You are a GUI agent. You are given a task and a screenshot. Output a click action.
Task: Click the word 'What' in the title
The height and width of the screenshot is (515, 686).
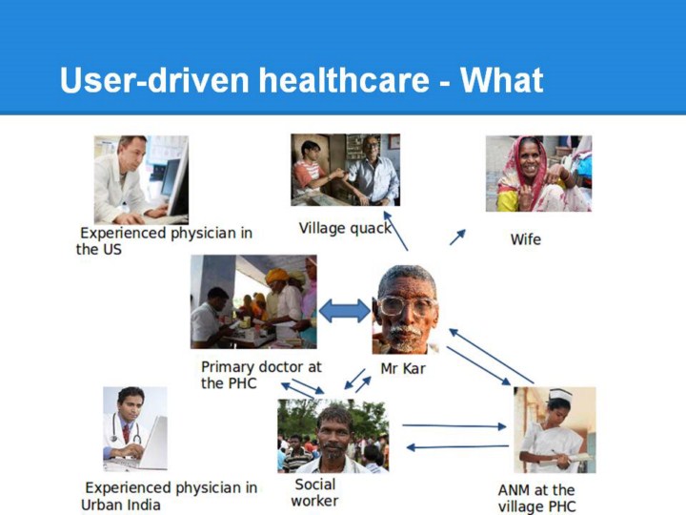click(x=501, y=80)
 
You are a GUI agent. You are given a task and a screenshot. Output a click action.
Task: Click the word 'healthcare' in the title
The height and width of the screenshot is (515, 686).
click(x=343, y=80)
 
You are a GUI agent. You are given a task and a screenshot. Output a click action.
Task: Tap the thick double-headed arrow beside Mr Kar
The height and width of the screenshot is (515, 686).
click(x=345, y=311)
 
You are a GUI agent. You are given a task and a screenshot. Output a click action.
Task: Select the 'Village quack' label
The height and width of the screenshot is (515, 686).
click(x=345, y=228)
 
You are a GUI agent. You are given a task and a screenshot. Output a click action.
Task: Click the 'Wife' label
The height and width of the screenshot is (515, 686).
click(x=525, y=239)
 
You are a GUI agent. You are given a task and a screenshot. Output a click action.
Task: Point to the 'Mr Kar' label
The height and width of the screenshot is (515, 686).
click(x=403, y=368)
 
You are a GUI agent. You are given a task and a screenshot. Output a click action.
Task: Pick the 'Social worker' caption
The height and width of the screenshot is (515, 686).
click(x=315, y=493)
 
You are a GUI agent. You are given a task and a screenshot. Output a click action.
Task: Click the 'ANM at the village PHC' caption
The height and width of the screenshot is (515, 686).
click(x=536, y=498)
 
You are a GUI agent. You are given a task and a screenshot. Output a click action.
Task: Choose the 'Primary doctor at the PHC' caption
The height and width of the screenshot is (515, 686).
click(x=261, y=375)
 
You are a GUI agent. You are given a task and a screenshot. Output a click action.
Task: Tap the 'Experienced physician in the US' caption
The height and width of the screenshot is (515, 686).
click(x=164, y=241)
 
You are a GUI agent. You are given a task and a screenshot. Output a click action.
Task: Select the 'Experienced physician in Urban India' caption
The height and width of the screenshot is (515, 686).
click(x=169, y=496)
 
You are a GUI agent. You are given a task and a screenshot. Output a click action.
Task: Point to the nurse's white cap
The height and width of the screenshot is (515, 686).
click(x=560, y=394)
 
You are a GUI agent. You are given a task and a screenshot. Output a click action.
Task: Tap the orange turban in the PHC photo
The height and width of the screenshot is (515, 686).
click(x=276, y=276)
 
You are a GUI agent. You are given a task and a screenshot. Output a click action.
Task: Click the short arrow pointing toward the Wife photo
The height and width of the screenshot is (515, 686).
click(x=457, y=237)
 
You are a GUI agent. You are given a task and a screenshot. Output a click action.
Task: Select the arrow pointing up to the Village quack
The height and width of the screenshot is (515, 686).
click(x=395, y=231)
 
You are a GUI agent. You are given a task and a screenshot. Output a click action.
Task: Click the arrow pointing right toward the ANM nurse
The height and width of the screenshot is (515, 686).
click(x=454, y=425)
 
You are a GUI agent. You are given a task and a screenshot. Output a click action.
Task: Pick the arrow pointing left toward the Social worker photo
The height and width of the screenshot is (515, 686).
click(x=457, y=447)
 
